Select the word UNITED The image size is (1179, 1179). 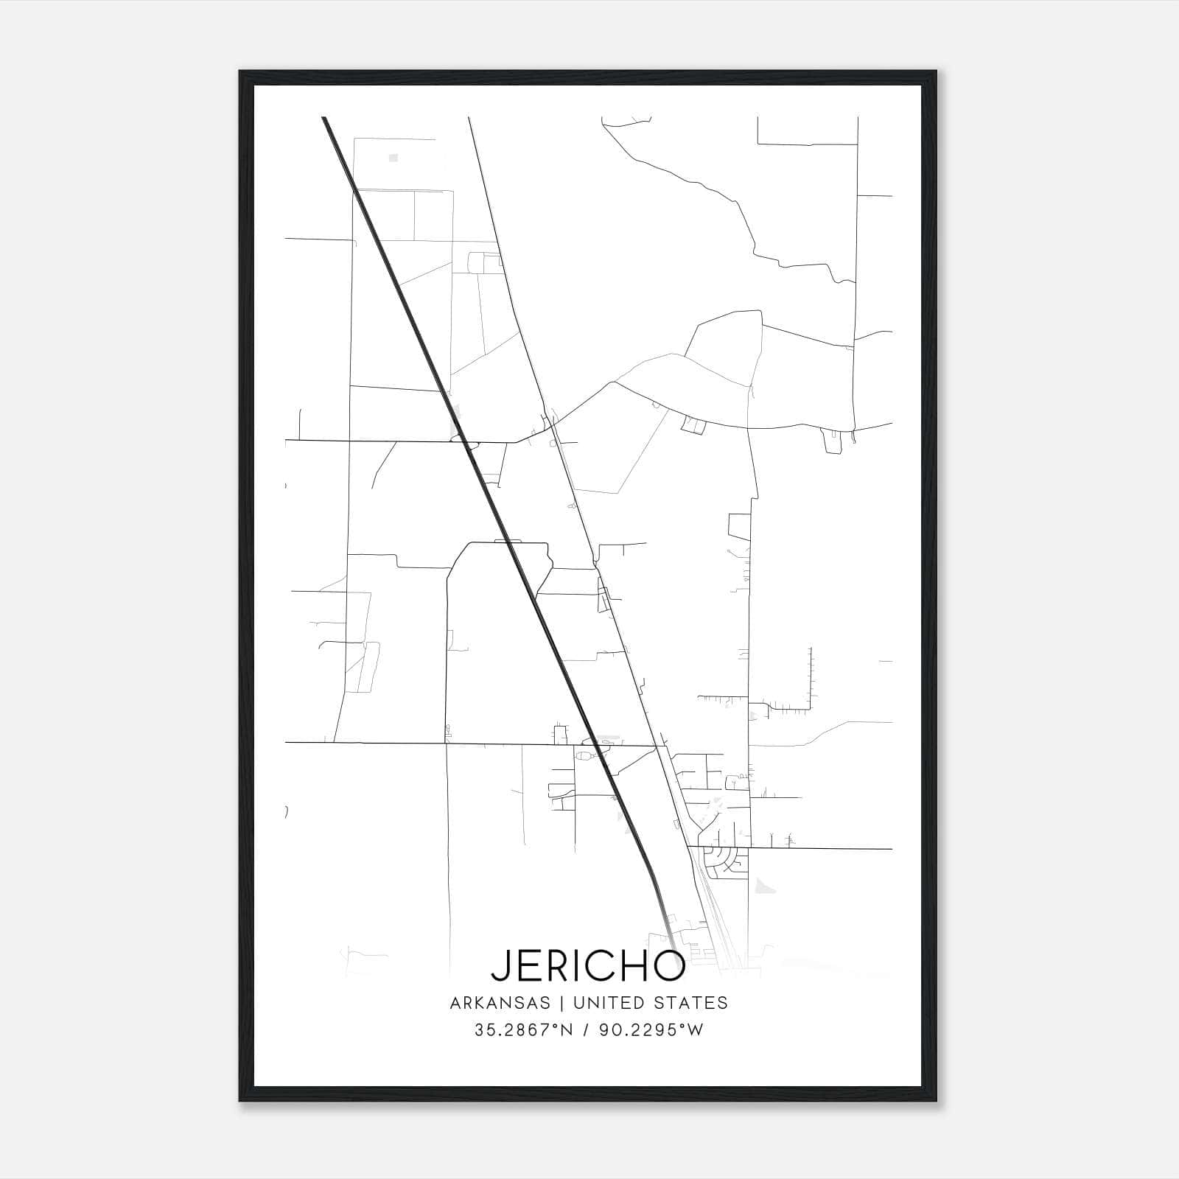point(601,1003)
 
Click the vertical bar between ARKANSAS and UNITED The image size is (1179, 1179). point(561,1003)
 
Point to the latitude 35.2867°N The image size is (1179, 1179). point(524,1030)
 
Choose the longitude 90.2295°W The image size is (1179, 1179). point(651,1030)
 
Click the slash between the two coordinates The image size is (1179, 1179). point(587,1030)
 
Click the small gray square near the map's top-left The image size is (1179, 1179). point(393,158)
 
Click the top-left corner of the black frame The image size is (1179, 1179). point(240,71)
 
